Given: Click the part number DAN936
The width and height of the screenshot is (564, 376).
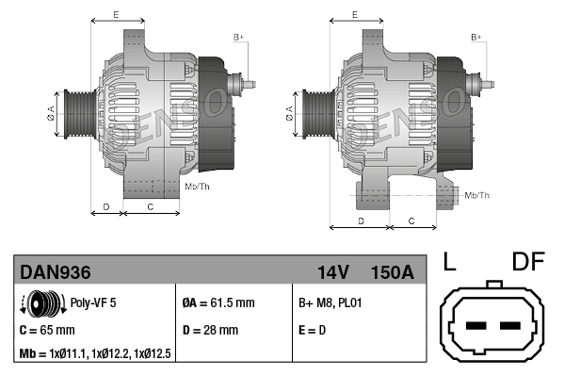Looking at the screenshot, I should (x=56, y=272).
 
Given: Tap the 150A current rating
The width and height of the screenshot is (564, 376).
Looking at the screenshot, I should (x=392, y=272).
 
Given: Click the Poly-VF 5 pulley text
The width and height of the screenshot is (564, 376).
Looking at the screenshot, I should (x=93, y=303).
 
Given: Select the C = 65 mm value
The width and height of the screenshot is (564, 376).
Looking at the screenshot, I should (x=47, y=331).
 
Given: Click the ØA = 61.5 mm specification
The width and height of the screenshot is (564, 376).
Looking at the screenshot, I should (x=218, y=303).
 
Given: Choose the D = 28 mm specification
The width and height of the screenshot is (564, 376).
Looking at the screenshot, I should (x=210, y=331).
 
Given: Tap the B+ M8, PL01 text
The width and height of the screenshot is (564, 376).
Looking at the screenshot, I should (x=330, y=303).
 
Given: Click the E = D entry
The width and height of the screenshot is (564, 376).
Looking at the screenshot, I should (x=313, y=331).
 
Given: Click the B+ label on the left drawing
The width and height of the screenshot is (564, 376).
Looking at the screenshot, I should (x=238, y=37).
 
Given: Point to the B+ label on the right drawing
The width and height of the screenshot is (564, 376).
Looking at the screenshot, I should (x=476, y=37).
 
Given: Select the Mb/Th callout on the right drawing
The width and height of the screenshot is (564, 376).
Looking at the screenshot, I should (x=477, y=195).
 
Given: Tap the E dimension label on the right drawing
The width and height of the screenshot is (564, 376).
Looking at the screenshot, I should (x=353, y=14).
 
